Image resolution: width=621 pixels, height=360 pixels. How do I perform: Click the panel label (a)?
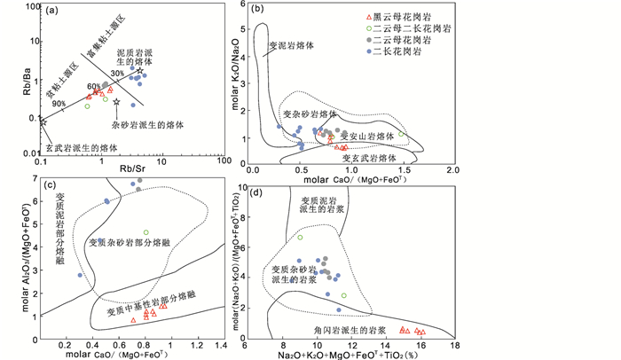click(x=52, y=12)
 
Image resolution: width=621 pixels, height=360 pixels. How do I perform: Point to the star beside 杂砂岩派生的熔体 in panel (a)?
click(x=116, y=104)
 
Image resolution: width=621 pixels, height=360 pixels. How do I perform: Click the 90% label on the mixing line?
click(x=59, y=104)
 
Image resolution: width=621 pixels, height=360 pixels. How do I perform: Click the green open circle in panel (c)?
click(x=145, y=232)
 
